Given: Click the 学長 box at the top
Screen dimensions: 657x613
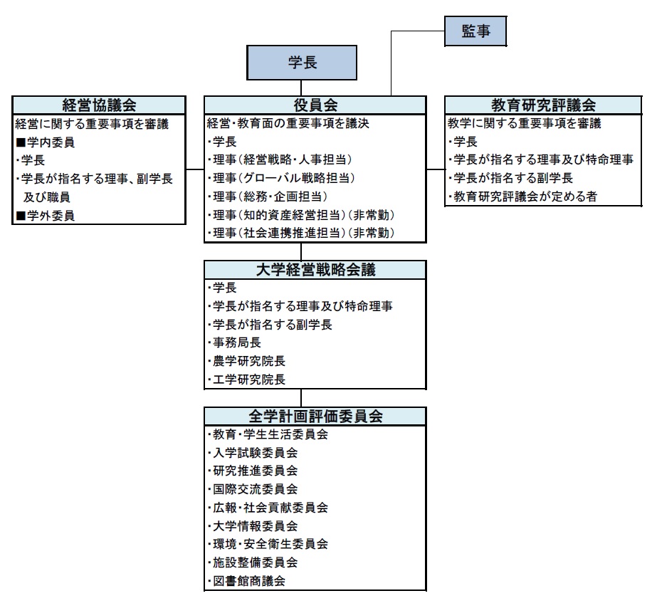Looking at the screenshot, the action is (302, 63).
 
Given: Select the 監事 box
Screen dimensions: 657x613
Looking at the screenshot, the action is (475, 31).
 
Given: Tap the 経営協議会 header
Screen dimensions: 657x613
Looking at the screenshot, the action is (100, 105).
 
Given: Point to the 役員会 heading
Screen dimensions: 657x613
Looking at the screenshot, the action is (315, 105).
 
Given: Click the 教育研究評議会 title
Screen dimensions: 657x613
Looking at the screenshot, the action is (543, 105).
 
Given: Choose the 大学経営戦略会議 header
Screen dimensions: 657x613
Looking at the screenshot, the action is (315, 269).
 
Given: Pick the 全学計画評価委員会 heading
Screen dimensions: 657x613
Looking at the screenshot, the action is (315, 416).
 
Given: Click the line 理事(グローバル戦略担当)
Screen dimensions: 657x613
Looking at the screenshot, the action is (282, 178).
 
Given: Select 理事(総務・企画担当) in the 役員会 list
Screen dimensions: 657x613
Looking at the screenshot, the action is (268, 197).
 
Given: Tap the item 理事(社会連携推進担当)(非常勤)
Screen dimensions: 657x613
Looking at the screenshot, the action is (301, 233).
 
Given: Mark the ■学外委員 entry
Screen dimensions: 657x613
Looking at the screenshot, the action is (46, 216).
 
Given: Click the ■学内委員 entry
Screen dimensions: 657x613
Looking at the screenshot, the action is (46, 142).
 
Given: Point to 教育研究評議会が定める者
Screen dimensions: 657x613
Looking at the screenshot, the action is (522, 197).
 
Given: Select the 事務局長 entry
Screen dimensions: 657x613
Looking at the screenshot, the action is (235, 342).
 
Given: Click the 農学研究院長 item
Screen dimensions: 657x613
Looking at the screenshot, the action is (247, 361).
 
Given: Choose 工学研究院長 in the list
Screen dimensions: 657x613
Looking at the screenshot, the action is (247, 379).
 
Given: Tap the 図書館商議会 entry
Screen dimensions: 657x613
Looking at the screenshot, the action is (247, 581).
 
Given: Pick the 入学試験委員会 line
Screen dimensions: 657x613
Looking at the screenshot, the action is (253, 453).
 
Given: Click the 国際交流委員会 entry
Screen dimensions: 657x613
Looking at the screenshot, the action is (253, 489).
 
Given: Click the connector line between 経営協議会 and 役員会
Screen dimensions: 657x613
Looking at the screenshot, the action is (195, 169).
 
